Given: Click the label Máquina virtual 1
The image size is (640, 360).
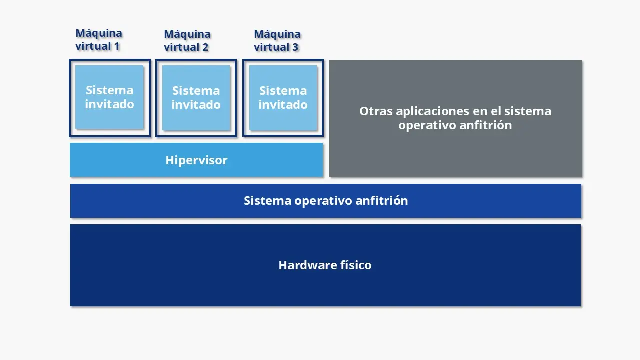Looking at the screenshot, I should point(98,40).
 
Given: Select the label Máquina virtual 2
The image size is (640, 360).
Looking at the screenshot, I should point(187,41).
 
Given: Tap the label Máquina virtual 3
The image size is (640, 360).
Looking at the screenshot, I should point(277,41).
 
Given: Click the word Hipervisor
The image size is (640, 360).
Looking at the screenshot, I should point(196,160).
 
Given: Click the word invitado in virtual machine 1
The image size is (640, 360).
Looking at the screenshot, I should point(109,104).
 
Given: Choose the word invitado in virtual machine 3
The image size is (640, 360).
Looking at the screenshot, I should point(283,105).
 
